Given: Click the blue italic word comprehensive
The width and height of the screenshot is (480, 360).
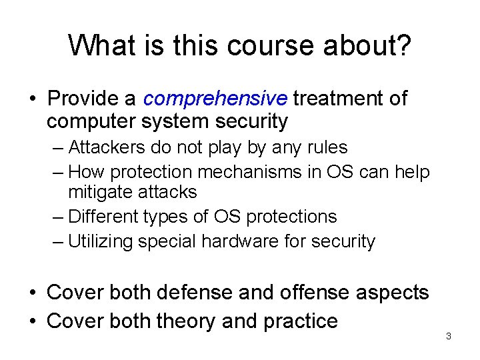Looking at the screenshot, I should tap(215, 99).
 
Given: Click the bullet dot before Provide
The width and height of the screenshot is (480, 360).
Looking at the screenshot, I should tap(32, 99).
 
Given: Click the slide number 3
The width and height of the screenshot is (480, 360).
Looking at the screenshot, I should tap(449, 336).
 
